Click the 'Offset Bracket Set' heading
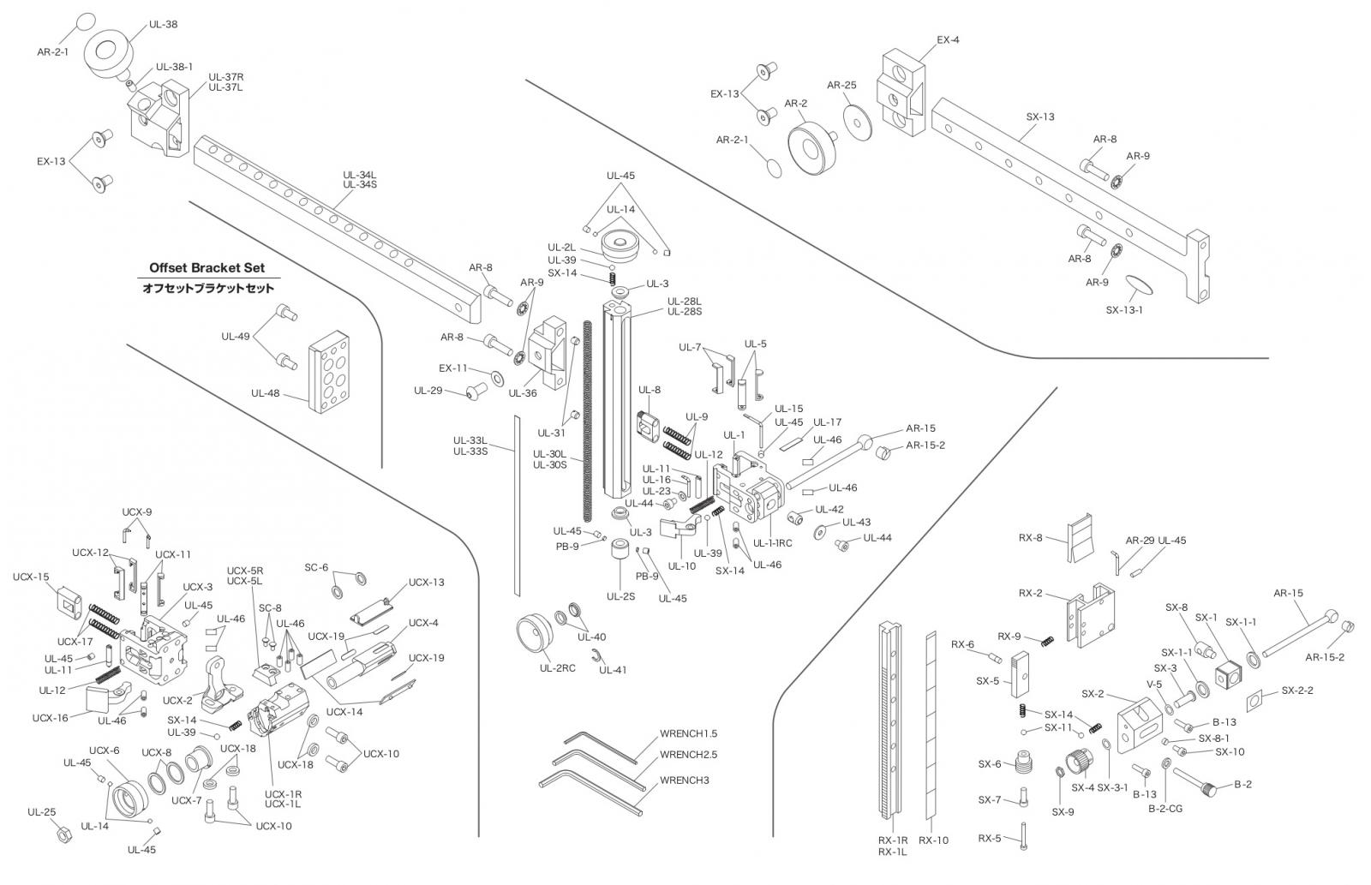pyautogui.click(x=207, y=268)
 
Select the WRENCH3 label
pyautogui.click(x=684, y=780)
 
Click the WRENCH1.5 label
pyautogui.click(x=688, y=734)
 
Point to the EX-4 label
pyautogui.click(x=948, y=39)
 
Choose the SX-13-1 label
pyautogui.click(x=1124, y=310)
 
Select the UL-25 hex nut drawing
pyautogui.click(x=62, y=834)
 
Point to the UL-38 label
pyautogui.click(x=164, y=25)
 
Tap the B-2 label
pyautogui.click(x=1242, y=784)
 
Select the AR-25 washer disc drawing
pyautogui.click(x=857, y=119)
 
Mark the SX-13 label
pyautogui.click(x=1040, y=117)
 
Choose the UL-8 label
pyautogui.click(x=650, y=391)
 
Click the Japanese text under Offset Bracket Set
pyautogui.click(x=208, y=289)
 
